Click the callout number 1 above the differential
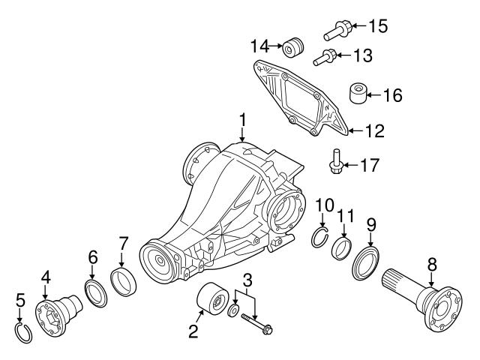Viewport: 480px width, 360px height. point(242,119)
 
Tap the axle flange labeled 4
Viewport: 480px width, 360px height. point(56,310)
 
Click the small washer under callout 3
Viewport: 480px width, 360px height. point(234,310)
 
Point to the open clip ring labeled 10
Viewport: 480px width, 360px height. point(321,238)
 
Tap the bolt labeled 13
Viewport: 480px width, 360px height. point(324,55)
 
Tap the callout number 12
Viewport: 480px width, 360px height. point(373,131)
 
